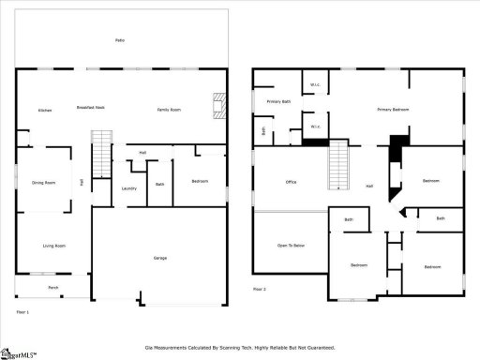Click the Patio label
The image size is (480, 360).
119,40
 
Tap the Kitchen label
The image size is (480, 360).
44,111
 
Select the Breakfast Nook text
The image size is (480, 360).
90,106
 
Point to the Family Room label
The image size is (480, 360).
168,111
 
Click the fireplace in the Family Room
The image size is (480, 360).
218,106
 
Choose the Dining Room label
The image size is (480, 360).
44,182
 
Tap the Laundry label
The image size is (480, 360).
129,188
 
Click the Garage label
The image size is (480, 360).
160,257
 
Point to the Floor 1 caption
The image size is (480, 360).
22,311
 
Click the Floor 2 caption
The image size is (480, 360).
260,289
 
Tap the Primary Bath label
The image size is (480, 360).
277,101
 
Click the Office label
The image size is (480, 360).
291,182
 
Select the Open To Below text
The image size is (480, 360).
290,246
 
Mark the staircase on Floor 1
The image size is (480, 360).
101,150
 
